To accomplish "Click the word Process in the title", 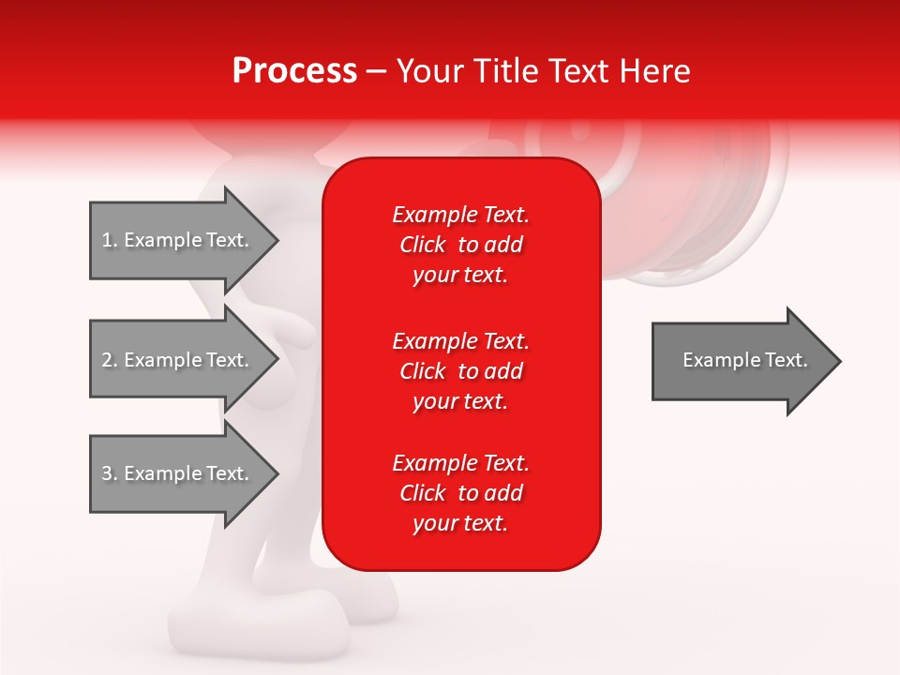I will coord(294,71).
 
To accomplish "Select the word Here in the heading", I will coord(653,71).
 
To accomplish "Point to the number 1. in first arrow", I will coord(110,240).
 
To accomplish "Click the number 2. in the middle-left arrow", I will coord(110,360).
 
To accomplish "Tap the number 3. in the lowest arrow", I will coord(110,473).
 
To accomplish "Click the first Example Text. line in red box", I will coord(460,215).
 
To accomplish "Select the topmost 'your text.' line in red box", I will coord(460,275).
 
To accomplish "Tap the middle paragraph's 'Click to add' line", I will coord(460,371).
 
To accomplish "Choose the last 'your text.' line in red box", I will coord(460,523).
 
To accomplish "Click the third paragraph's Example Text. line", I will coord(460,463).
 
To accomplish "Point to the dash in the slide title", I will coord(376,71).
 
